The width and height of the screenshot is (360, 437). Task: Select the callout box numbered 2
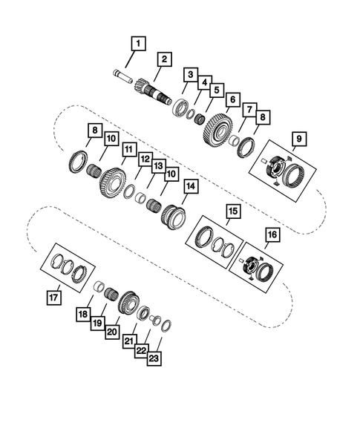(x=163, y=59)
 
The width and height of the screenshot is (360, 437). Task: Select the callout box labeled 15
(x=233, y=211)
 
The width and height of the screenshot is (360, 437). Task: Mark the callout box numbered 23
(x=154, y=358)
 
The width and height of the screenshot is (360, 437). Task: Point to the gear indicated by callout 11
(x=111, y=183)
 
